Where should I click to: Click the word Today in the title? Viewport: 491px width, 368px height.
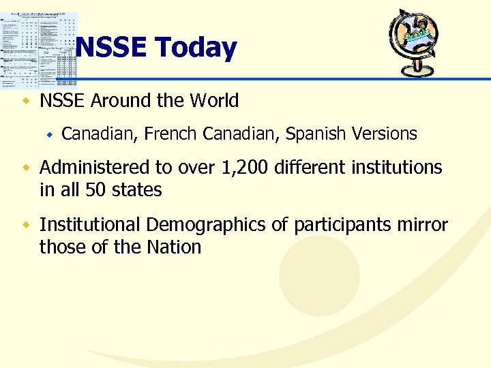click(196, 48)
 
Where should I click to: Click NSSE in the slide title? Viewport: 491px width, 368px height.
click(113, 48)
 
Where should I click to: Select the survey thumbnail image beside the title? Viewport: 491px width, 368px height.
click(39, 50)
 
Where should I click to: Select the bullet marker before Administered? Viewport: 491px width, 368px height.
click(27, 168)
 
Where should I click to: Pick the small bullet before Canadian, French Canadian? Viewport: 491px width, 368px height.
click(49, 135)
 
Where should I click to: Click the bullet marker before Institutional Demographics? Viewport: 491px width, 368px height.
click(27, 225)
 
